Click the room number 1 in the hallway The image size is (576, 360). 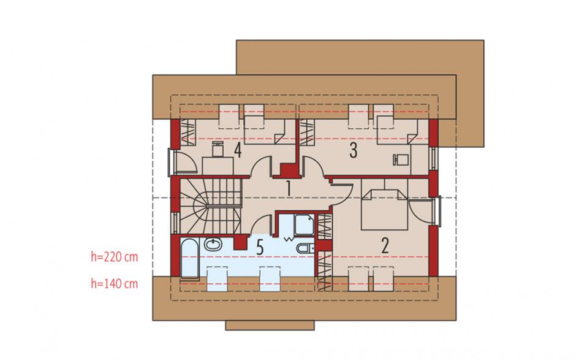pyautogui.click(x=289, y=189)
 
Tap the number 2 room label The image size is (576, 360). pyautogui.click(x=385, y=246)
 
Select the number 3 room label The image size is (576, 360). pyautogui.click(x=353, y=150)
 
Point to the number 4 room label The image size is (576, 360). pyautogui.click(x=238, y=150)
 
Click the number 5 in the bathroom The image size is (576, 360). pyautogui.click(x=260, y=248)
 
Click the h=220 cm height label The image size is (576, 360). pyautogui.click(x=114, y=257)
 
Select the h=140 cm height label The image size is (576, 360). pyautogui.click(x=114, y=283)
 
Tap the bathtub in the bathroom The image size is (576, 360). pyautogui.click(x=189, y=258)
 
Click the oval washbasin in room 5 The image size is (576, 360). pyautogui.click(x=213, y=244)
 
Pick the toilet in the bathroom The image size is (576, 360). pyautogui.click(x=306, y=248)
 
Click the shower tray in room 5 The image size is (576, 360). pyautogui.click(x=304, y=224)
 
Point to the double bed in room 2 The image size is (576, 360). pyautogui.click(x=384, y=210)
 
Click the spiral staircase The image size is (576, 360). pyautogui.click(x=210, y=206)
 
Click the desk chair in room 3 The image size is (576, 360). pyautogui.click(x=400, y=159)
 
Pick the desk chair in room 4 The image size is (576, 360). pyautogui.click(x=218, y=149)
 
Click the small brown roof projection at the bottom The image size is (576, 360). pyautogui.click(x=270, y=326)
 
